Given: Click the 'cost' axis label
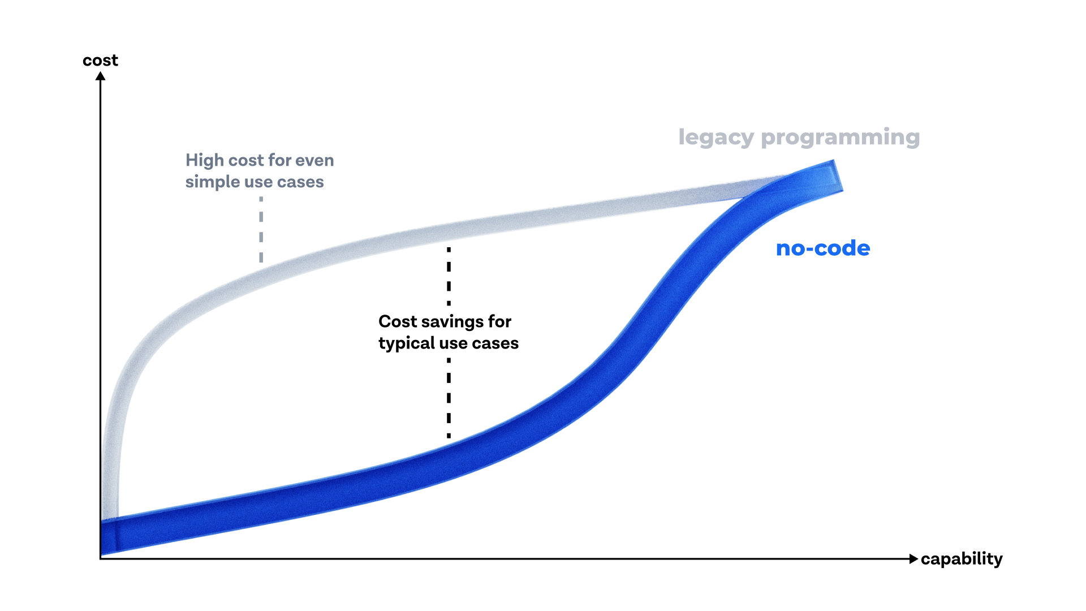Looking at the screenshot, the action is tap(100, 61).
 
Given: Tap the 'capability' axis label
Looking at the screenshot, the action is tap(962, 560).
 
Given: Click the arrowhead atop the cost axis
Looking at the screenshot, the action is tap(101, 76).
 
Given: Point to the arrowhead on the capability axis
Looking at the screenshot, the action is tap(913, 559).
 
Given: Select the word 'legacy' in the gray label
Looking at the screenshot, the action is tap(716, 137).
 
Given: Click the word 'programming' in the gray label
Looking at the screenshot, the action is tap(841, 137).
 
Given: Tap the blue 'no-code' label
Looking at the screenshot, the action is tap(823, 248).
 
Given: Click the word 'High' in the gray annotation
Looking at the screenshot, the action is tap(204, 161).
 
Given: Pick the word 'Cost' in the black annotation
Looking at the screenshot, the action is tap(398, 321).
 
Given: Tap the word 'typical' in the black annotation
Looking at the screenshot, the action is tap(407, 344).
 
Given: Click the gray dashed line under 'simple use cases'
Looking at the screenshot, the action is tap(261, 230).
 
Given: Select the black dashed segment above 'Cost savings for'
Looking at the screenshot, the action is tap(449, 276).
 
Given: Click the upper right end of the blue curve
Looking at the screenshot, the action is tap(838, 175).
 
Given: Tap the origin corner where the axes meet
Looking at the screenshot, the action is tap(101, 558).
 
